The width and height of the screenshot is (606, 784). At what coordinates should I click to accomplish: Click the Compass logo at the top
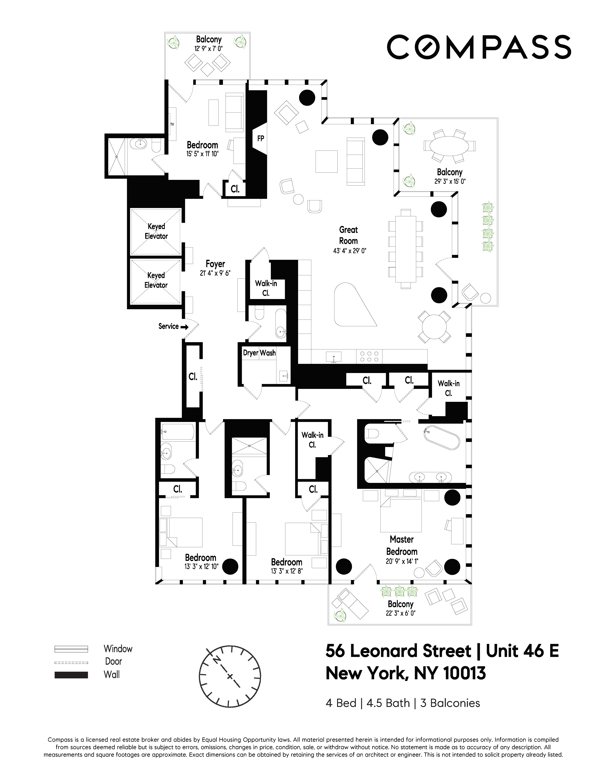pos(479,47)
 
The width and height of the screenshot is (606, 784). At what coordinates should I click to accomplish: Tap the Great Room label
pos(348,235)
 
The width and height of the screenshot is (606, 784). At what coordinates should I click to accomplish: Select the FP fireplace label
pos(261,138)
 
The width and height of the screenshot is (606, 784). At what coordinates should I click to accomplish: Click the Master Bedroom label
pos(402,545)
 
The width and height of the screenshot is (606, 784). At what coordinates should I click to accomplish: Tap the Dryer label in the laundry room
pos(250,353)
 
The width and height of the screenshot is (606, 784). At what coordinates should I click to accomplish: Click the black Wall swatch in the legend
pos(71,675)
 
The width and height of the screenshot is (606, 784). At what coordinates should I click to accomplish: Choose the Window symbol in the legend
pos(71,649)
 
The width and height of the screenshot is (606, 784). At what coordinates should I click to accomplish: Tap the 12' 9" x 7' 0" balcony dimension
pos(209,48)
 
